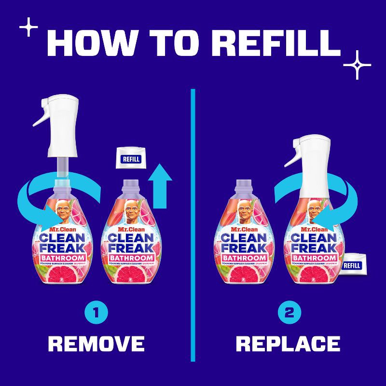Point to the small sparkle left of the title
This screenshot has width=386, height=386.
pos(30,27)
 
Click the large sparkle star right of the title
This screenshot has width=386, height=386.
pos(357,64)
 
